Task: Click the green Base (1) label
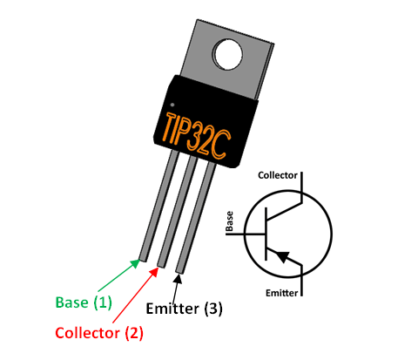click(x=84, y=302)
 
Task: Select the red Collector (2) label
click(x=98, y=332)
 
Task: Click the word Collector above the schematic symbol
click(x=279, y=175)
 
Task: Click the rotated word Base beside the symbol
click(x=230, y=222)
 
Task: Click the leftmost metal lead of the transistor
click(x=157, y=209)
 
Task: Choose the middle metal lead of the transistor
click(x=177, y=209)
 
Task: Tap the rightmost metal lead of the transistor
click(x=198, y=214)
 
